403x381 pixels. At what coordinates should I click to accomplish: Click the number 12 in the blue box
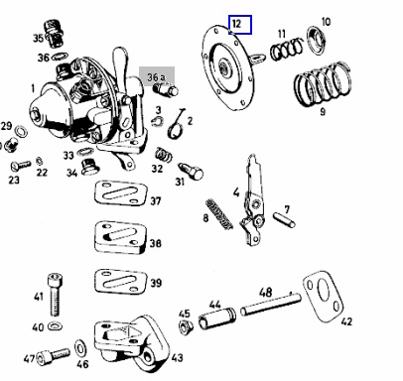[x=237, y=24]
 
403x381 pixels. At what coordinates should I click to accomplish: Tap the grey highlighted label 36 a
[x=156, y=77]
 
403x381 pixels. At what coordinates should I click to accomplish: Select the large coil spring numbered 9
[x=323, y=83]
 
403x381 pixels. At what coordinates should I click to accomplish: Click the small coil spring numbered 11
[x=287, y=50]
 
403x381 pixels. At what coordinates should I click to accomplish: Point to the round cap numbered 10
[x=318, y=41]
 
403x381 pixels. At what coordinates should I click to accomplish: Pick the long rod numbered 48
[x=271, y=305]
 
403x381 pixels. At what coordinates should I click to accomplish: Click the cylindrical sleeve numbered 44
[x=217, y=318]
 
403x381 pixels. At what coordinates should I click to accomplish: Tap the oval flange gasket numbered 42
[x=323, y=296]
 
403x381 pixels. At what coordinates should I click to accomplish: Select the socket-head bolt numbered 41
[x=55, y=295]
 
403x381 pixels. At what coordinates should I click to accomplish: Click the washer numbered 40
[x=55, y=326]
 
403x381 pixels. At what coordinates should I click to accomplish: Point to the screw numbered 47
[x=53, y=356]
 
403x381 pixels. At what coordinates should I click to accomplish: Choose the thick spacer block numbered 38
[x=120, y=237]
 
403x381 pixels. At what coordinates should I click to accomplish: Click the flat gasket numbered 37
[x=120, y=193]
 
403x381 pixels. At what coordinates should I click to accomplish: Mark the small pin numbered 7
[x=284, y=220]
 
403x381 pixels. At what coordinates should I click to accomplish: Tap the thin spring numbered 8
[x=219, y=214]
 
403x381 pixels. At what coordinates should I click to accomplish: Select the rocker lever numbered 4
[x=252, y=200]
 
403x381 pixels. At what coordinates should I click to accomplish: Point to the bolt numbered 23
[x=21, y=165]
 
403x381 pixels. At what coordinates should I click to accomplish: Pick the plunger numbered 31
[x=191, y=171]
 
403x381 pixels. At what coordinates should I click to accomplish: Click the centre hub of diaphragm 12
[x=224, y=66]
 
